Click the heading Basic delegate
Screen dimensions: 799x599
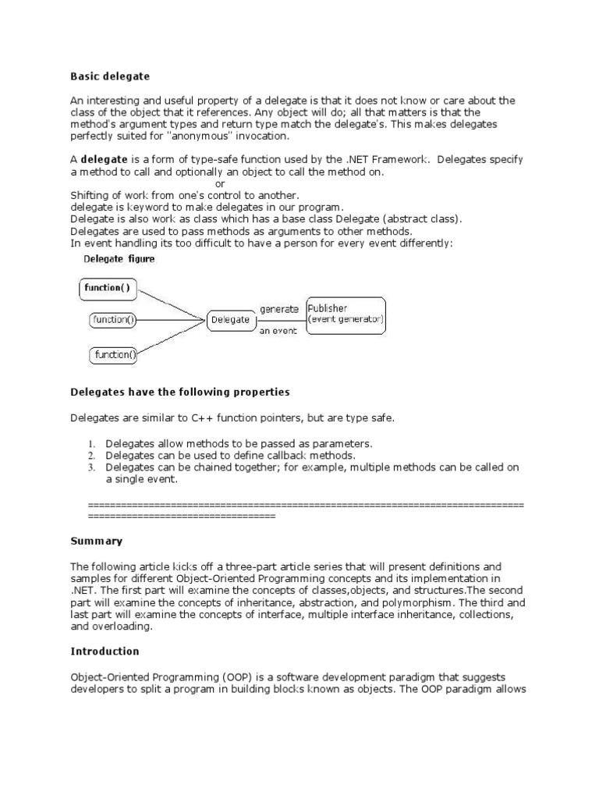[x=110, y=76]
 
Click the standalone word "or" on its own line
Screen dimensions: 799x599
[x=220, y=183]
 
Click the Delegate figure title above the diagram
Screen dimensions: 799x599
[x=119, y=259]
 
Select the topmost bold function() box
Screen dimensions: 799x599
[x=108, y=288]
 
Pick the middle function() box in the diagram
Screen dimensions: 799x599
[x=114, y=319]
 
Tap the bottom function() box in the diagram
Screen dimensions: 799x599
[x=115, y=355]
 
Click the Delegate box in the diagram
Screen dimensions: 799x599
[x=230, y=319]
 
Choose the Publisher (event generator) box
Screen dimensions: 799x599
[x=345, y=314]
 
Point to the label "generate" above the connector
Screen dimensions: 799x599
[x=279, y=309]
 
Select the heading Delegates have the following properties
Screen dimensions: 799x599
[x=180, y=392]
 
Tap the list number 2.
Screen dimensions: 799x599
[x=91, y=455]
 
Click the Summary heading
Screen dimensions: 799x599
[x=97, y=541]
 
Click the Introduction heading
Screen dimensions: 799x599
[x=105, y=651]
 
